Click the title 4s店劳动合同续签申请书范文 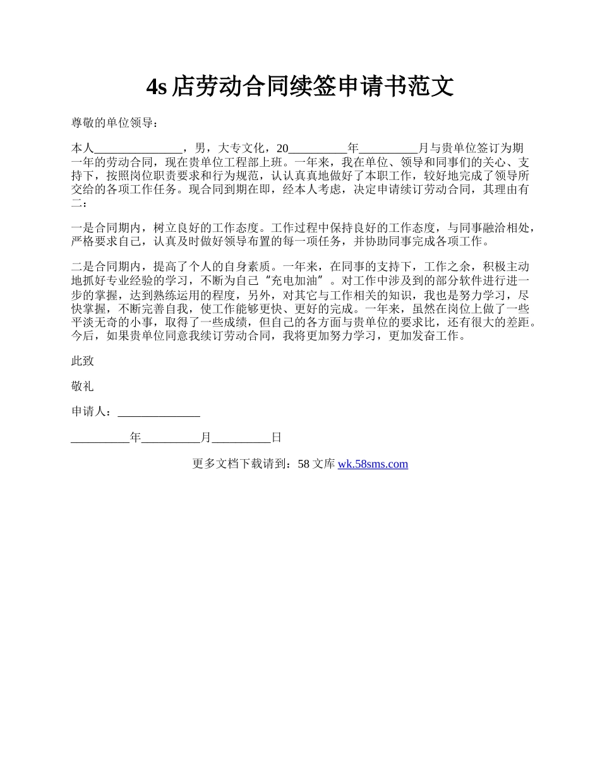coord(300,87)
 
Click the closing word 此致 coord(83,361)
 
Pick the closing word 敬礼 coord(83,387)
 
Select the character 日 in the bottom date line coord(276,438)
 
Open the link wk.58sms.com coord(373,464)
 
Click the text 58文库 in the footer coord(316,464)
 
